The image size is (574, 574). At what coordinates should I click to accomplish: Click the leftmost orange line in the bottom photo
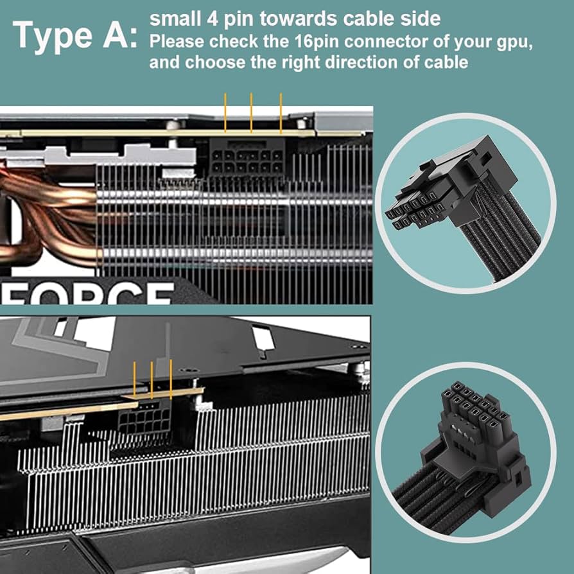[x=134, y=379]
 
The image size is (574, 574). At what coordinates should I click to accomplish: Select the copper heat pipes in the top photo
[x=45, y=212]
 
